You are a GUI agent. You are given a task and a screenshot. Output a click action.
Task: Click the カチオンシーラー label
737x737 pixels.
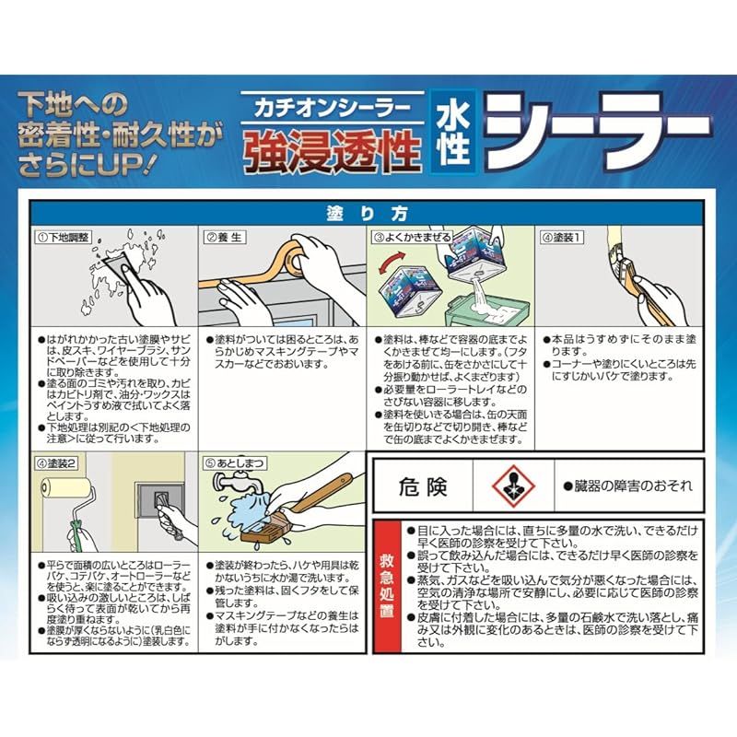(x=332, y=107)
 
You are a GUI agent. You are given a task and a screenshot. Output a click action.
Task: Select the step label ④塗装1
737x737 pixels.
(x=565, y=236)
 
